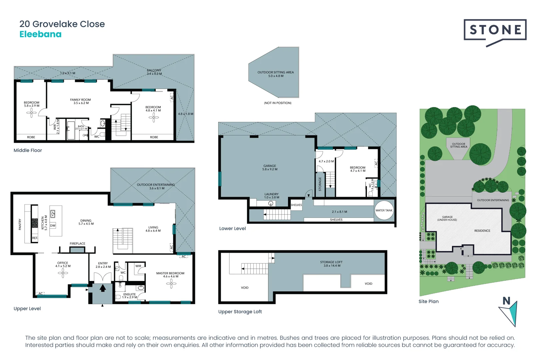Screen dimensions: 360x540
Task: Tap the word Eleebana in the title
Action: coord(40,34)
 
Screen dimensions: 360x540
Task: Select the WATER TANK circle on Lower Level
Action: coord(384,210)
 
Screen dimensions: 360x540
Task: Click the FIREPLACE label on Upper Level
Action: coord(77,244)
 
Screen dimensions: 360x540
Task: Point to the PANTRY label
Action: coord(20,224)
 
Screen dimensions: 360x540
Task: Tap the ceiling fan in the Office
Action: coord(63,273)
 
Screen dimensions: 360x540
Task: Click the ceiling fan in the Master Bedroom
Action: coord(171,284)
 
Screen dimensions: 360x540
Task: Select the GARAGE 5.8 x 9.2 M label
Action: coord(270,167)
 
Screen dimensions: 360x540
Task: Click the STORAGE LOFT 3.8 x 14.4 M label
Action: coord(331,264)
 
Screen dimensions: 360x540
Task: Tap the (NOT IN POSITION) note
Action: coord(278,103)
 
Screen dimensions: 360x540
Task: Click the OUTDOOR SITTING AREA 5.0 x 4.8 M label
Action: coord(276,74)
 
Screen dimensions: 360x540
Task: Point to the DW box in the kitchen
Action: coord(53,226)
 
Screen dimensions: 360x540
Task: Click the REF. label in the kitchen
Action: coord(35,238)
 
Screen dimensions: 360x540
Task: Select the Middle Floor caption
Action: coord(28,150)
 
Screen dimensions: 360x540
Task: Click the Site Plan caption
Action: coord(428,301)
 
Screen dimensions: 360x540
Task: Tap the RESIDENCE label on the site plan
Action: coord(482,231)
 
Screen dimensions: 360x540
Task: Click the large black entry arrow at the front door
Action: coord(103,288)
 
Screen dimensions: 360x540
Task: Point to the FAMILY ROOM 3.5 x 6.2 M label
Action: coord(80,101)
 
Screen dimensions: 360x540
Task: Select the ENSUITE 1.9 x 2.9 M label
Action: coord(130,296)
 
